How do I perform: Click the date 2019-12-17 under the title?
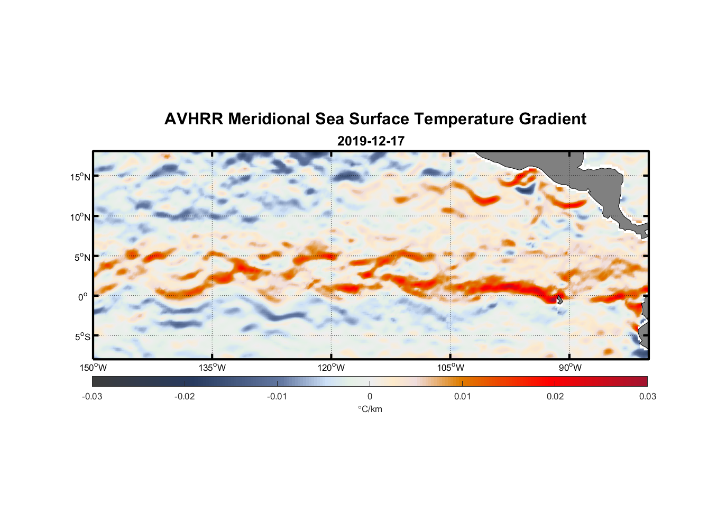point(371,141)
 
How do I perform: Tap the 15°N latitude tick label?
point(80,177)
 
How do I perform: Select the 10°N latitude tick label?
point(80,217)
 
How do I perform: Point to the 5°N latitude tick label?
point(82,257)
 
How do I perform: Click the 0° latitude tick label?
point(83,297)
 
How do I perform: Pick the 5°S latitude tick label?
point(82,337)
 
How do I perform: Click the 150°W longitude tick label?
point(94,368)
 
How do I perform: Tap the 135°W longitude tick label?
point(213,368)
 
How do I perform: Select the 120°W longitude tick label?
point(332,368)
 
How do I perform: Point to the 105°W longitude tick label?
point(451,368)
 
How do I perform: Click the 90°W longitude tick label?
point(570,368)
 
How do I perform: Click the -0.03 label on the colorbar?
point(92,396)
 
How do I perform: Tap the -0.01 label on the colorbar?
point(277,396)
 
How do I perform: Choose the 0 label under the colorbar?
point(370,396)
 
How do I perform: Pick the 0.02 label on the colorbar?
point(555,396)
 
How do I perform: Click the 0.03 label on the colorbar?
point(647,396)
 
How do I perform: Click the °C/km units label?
point(370,409)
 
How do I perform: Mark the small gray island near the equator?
point(559,300)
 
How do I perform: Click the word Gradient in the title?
point(553,119)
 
